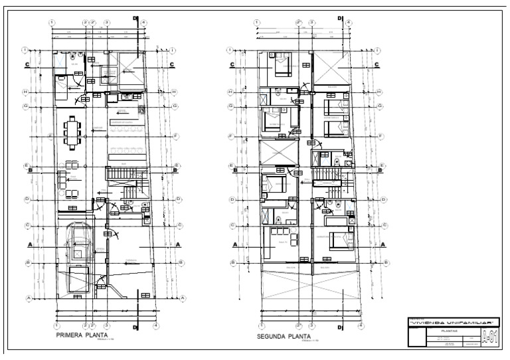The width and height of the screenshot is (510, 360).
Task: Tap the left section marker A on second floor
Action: (x=234, y=244)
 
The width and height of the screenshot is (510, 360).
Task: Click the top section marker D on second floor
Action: (x=341, y=19)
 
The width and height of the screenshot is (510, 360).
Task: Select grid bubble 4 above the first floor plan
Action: (x=144, y=23)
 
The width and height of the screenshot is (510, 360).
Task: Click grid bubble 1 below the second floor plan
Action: (x=258, y=325)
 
